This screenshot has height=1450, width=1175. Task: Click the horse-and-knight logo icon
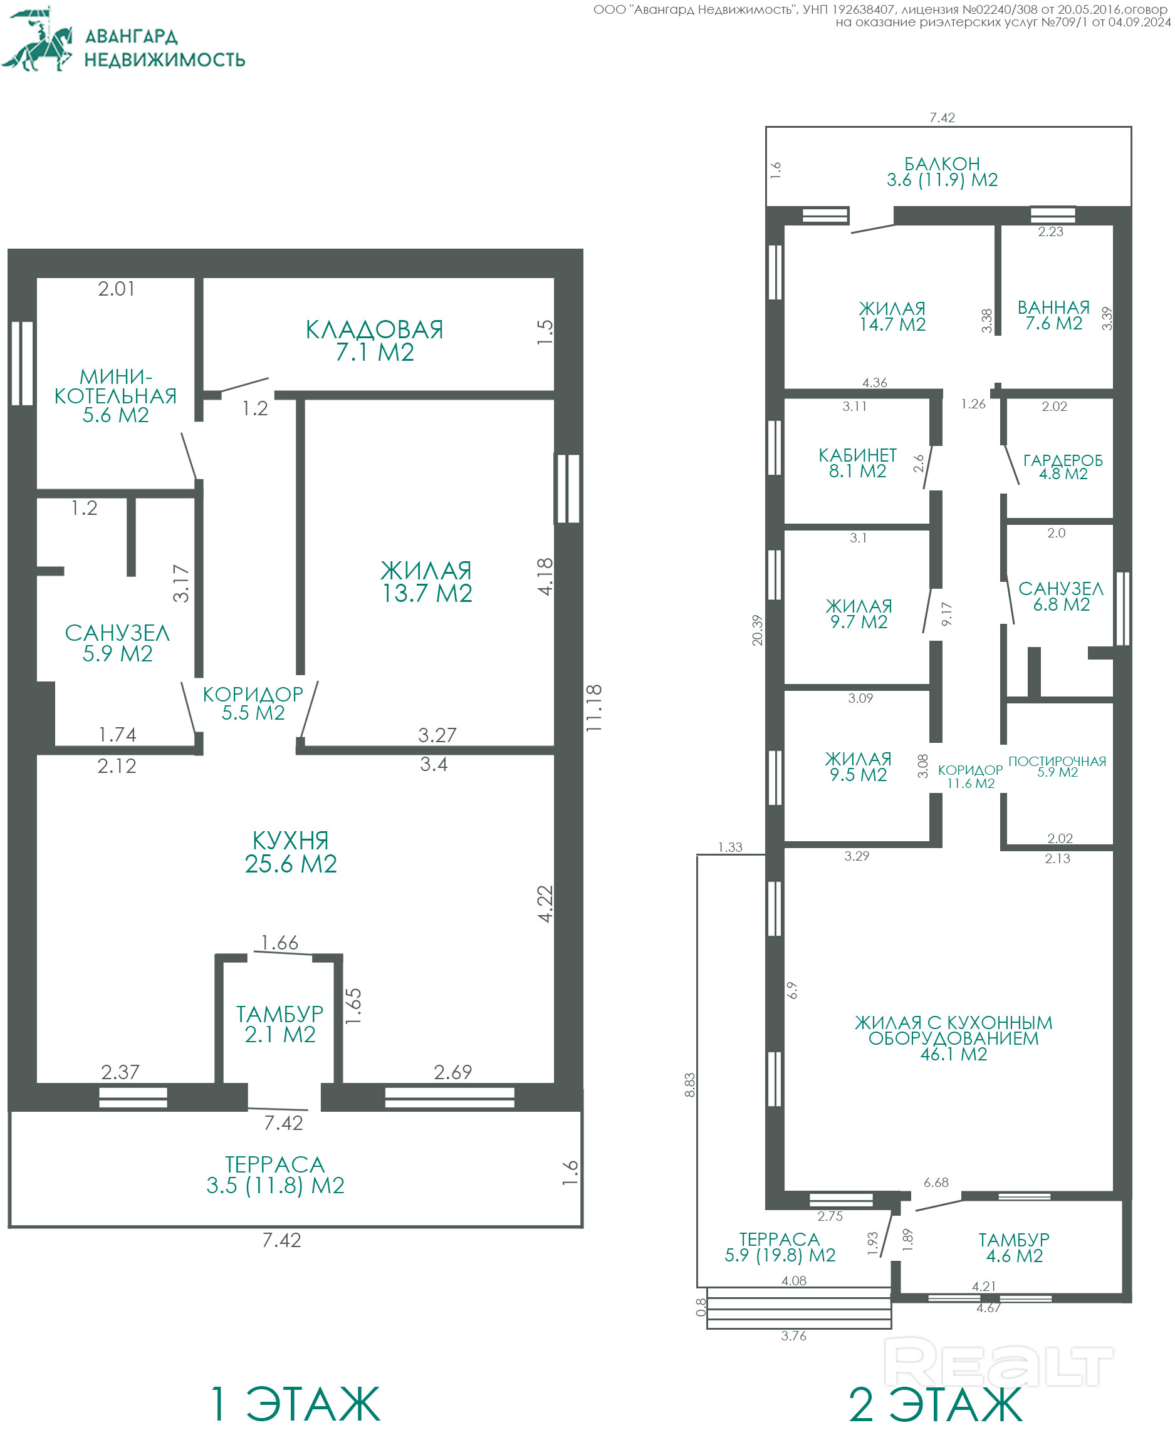tap(37, 39)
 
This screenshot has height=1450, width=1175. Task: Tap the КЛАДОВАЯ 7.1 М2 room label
tap(374, 340)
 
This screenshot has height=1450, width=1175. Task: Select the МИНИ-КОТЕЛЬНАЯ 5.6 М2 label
tap(116, 395)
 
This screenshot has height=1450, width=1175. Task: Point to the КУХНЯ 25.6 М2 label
tap(290, 852)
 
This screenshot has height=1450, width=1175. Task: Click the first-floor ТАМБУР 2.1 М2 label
tap(279, 1023)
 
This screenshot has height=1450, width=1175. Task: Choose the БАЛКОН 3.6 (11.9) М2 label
tap(942, 172)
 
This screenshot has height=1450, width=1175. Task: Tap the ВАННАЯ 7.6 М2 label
tap(1053, 315)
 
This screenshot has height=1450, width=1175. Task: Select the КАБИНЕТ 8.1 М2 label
tap(857, 463)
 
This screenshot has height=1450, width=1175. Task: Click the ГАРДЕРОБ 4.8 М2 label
tap(1063, 467)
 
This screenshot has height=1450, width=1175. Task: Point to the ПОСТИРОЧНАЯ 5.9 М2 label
tap(1057, 767)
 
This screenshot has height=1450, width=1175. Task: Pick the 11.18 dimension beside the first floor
tap(593, 708)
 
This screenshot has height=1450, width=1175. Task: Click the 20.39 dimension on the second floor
tap(757, 630)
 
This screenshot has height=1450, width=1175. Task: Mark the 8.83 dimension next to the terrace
tap(689, 1085)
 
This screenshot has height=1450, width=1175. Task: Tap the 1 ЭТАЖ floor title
tap(296, 1404)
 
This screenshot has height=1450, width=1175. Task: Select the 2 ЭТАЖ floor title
tap(936, 1405)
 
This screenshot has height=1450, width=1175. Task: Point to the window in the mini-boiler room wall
tap(23, 363)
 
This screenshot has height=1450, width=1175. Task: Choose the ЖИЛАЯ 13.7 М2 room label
tap(426, 581)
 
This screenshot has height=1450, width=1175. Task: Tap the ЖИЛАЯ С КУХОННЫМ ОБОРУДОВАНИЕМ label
tap(953, 1037)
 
